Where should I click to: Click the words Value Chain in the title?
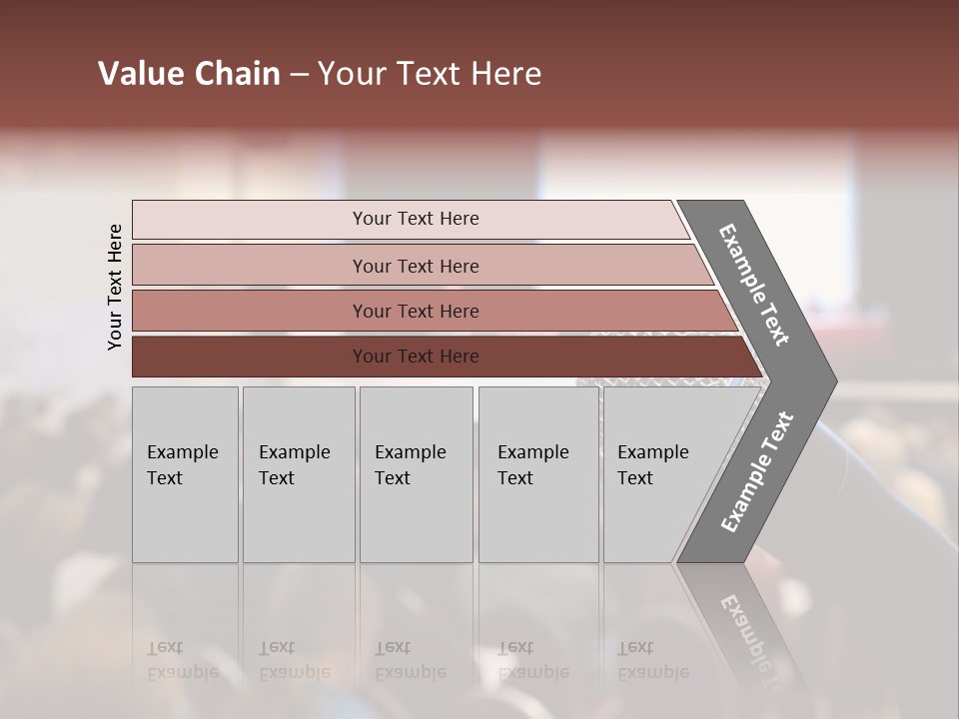pos(189,74)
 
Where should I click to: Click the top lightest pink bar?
pos(250,220)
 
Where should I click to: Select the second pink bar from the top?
pos(250,266)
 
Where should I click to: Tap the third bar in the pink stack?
pos(250,311)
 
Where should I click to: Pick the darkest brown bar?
pos(250,357)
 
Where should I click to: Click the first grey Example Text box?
pos(185,519)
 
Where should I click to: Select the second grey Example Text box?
pos(299,519)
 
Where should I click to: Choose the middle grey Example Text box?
pos(416,519)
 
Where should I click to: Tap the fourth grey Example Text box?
pos(538,519)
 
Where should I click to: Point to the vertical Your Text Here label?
pos(116,287)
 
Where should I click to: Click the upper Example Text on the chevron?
pos(754,285)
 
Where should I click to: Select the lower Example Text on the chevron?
pos(757,472)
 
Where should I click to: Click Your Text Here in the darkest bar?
pos(416,357)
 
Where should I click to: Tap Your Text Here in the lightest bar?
pos(416,219)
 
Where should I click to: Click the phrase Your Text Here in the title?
pos(430,74)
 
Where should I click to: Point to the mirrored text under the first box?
pos(182,660)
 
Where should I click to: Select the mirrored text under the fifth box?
pos(652,660)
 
